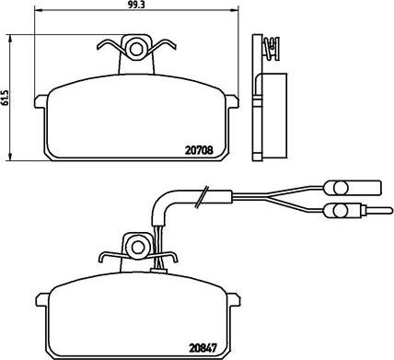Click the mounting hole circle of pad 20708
135,45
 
